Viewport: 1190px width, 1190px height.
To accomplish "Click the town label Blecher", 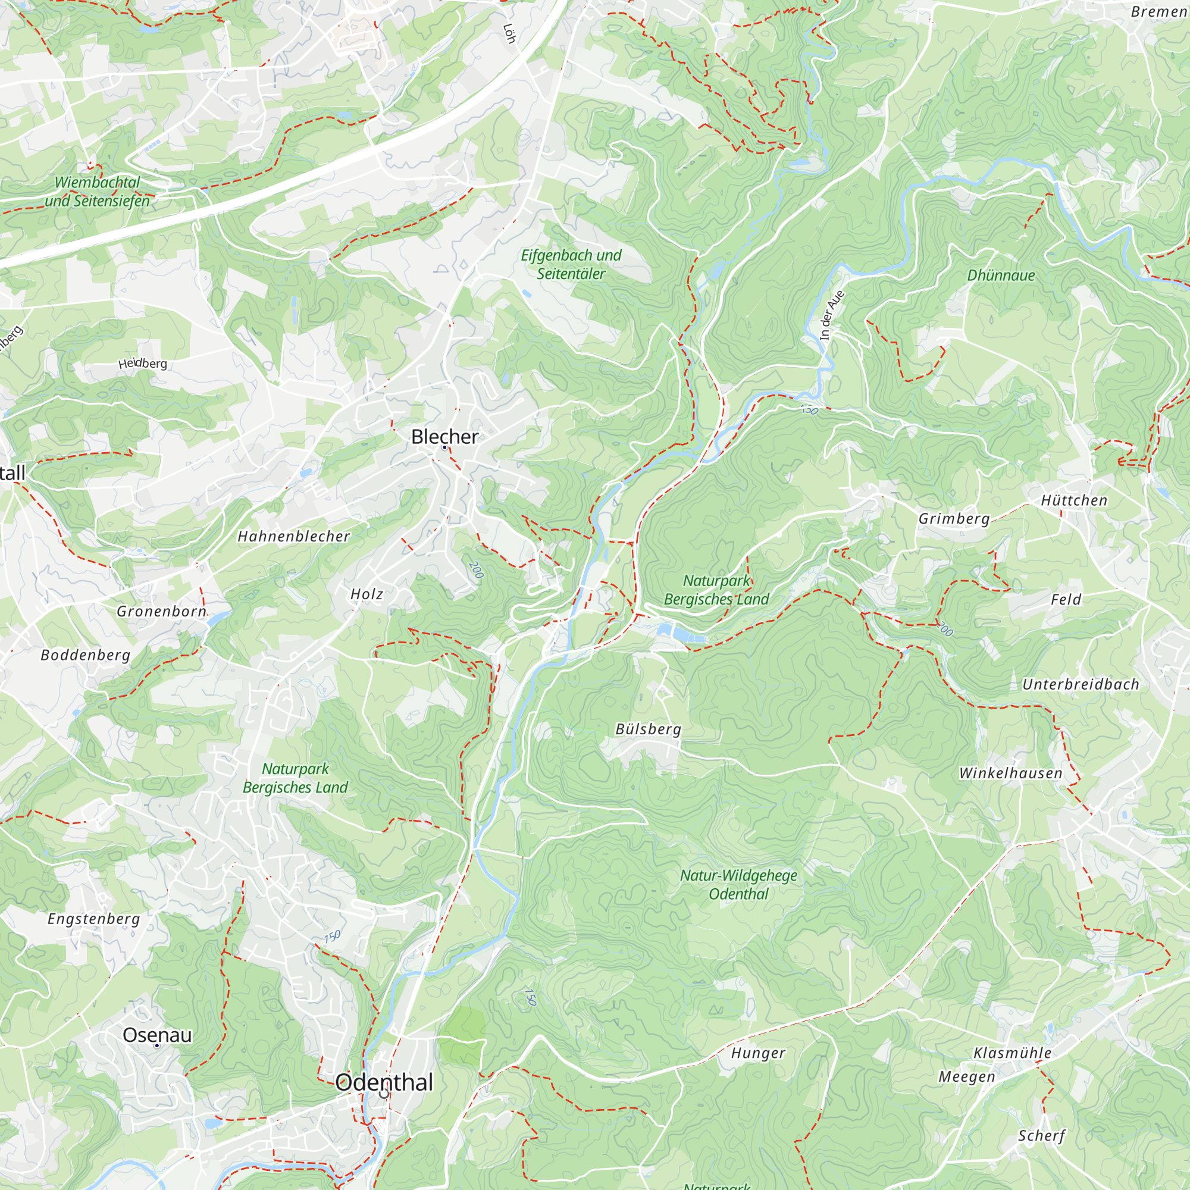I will coord(444,437).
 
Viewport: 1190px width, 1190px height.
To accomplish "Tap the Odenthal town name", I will coord(384,1082).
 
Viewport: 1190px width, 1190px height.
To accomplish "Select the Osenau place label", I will coord(157,1035).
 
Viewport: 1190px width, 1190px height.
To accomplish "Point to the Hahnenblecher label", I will coord(294,537).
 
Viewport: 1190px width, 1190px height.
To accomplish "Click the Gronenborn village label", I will coord(161,612).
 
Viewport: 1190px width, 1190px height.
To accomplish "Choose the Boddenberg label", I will coord(86,654).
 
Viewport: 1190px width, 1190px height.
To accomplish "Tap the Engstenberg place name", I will coord(93,919).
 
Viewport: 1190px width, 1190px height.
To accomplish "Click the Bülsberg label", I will coord(648,729).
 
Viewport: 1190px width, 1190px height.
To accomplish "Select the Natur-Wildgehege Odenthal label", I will coord(738,885).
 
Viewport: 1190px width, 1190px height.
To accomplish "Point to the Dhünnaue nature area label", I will coord(1001,275).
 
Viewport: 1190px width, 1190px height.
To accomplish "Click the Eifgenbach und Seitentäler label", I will coord(571,264).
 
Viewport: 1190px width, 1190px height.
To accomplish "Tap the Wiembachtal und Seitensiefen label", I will coord(98,192).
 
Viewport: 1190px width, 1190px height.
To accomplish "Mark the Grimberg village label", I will coord(954,519).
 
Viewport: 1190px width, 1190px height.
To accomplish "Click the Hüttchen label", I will coord(1074,501).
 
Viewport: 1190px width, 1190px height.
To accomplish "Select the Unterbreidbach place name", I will coord(1081,684).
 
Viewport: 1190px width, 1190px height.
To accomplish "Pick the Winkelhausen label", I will coord(1011,773).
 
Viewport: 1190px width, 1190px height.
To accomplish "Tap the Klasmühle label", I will coord(1012,1053).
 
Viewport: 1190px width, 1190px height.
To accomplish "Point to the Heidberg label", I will coord(142,364).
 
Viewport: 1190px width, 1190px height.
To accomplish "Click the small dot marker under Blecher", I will coord(444,448).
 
